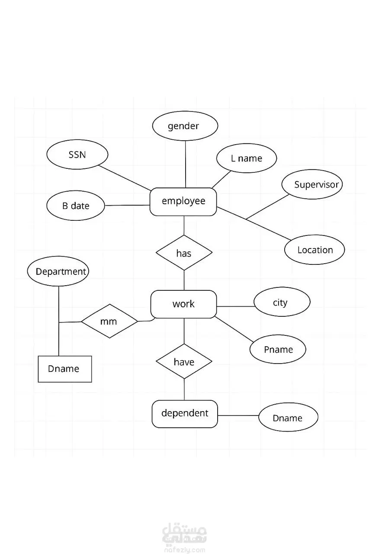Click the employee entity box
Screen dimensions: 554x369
tap(183, 202)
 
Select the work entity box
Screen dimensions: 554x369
tap(183, 304)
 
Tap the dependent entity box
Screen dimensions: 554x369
tap(185, 414)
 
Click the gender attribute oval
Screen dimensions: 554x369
tap(185, 126)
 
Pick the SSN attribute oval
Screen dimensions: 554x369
tap(77, 155)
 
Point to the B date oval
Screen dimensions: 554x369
tap(76, 206)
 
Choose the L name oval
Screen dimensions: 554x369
tap(246, 158)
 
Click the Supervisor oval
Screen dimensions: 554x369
tap(312, 184)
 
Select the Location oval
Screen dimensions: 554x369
tap(314, 250)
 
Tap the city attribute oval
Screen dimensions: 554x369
tap(282, 302)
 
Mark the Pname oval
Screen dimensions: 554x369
tap(278, 349)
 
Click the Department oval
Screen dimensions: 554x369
tap(58, 272)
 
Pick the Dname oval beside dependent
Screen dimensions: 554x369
tap(288, 417)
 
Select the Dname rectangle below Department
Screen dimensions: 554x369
tap(65, 369)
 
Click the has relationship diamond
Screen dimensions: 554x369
tap(184, 253)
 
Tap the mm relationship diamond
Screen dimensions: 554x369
tap(109, 321)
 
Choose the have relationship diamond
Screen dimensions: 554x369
tap(184, 361)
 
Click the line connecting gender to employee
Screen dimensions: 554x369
tap(186, 164)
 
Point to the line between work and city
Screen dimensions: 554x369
tap(235, 306)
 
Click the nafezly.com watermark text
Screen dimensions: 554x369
tap(184, 550)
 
